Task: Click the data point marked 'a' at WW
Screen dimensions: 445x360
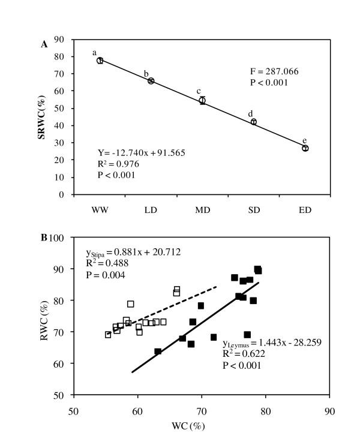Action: (100, 61)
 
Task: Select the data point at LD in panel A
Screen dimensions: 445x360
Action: (151, 81)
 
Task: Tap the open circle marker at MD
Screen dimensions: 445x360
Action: (202, 101)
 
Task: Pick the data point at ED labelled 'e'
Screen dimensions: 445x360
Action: (305, 148)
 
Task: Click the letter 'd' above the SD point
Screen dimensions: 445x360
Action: (250, 113)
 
